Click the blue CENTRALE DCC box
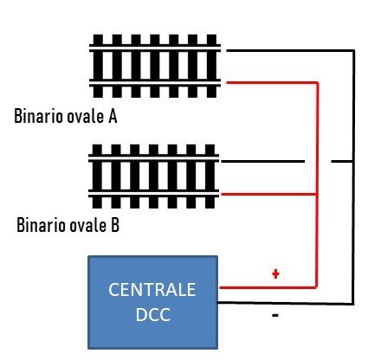tap(152, 302)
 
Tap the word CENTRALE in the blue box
tap(152, 290)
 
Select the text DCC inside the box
tap(152, 314)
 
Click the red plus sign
tap(275, 273)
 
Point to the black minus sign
tap(275, 315)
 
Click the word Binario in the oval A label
tap(39, 116)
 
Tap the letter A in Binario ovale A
tap(113, 116)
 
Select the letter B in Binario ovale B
tap(115, 225)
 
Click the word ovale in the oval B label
tap(87, 225)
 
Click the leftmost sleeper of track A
tap(98, 66)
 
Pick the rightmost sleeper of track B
tap(210, 176)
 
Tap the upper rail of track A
tap(155, 48)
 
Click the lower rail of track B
tap(153, 194)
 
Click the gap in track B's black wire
tap(318, 161)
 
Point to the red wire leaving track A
tap(272, 83)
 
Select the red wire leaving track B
tap(268, 194)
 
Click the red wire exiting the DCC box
tap(268, 287)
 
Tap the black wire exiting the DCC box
tap(286, 303)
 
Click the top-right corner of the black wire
tap(354, 51)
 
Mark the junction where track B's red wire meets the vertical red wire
tap(317, 194)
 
